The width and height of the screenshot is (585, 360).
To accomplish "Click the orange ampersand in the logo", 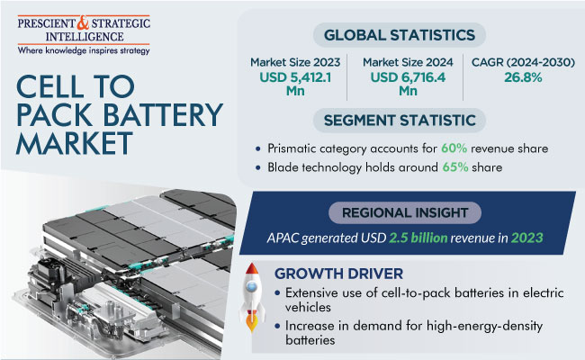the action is (83, 23).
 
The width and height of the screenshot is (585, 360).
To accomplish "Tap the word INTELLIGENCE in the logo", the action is (85, 37).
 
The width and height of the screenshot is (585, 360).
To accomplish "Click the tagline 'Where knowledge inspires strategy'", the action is (84, 50).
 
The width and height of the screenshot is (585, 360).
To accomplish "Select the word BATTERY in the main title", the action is (163, 114).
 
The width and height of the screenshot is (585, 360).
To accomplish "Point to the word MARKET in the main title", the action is (75, 143).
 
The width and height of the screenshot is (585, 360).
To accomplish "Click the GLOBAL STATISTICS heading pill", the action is (400, 35).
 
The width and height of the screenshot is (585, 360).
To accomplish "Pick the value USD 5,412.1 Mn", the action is (295, 84).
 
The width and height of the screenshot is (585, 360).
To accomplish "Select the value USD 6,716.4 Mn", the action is (408, 84).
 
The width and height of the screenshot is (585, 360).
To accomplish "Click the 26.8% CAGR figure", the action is (523, 77).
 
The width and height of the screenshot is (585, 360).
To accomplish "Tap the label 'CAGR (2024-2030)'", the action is (523, 62).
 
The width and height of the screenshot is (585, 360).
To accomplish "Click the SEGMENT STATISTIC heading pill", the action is (400, 121).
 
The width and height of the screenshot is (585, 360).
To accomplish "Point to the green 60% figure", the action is (454, 148).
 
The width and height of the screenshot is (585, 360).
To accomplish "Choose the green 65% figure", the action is (455, 167).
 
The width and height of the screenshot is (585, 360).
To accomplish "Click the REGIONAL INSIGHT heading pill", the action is (405, 212).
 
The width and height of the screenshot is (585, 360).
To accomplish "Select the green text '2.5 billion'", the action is (418, 238).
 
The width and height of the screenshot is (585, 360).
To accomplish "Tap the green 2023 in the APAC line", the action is (526, 238).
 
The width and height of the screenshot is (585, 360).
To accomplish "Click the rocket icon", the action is (252, 297).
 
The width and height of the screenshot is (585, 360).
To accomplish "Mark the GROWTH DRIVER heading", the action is (338, 274).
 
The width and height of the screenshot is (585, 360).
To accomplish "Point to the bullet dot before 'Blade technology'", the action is (257, 168).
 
